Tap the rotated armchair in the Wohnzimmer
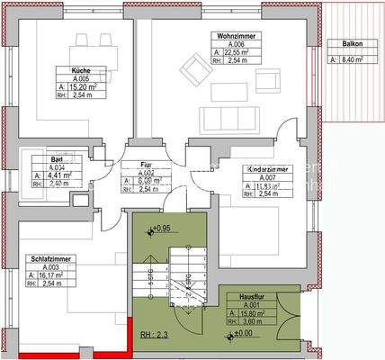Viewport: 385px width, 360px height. tap(192, 68)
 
